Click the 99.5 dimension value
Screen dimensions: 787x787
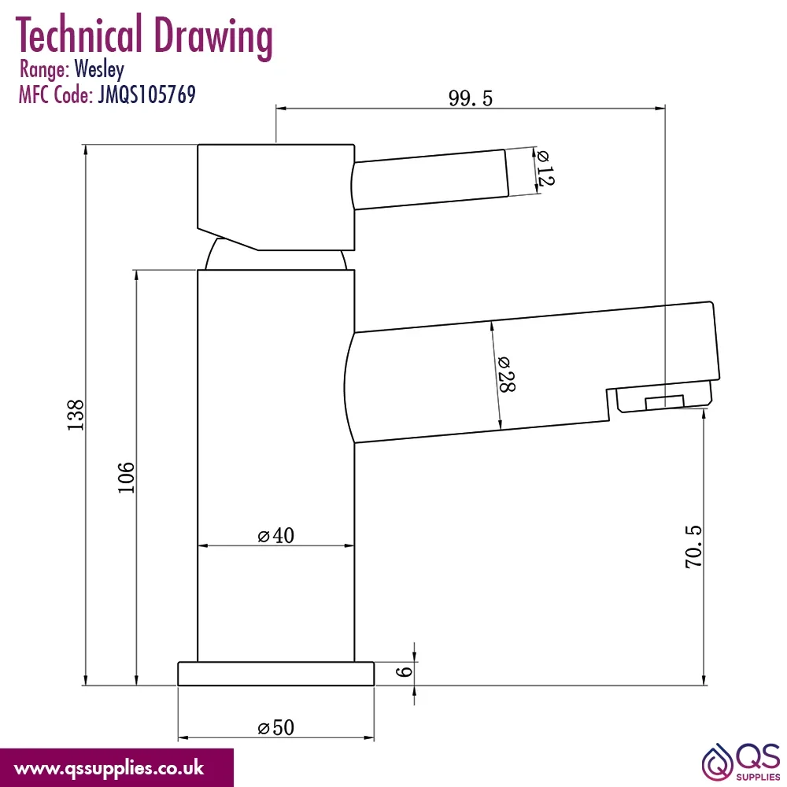[471, 98]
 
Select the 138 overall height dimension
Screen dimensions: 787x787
[76, 415]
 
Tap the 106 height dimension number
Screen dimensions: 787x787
[126, 478]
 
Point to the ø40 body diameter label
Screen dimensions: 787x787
[275, 535]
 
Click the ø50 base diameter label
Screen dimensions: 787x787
[275, 727]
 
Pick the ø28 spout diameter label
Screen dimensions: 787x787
[506, 375]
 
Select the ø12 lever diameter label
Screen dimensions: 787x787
[545, 168]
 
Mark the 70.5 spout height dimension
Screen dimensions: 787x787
[693, 547]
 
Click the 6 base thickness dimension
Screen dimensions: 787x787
[404, 671]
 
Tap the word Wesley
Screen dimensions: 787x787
[99, 69]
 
